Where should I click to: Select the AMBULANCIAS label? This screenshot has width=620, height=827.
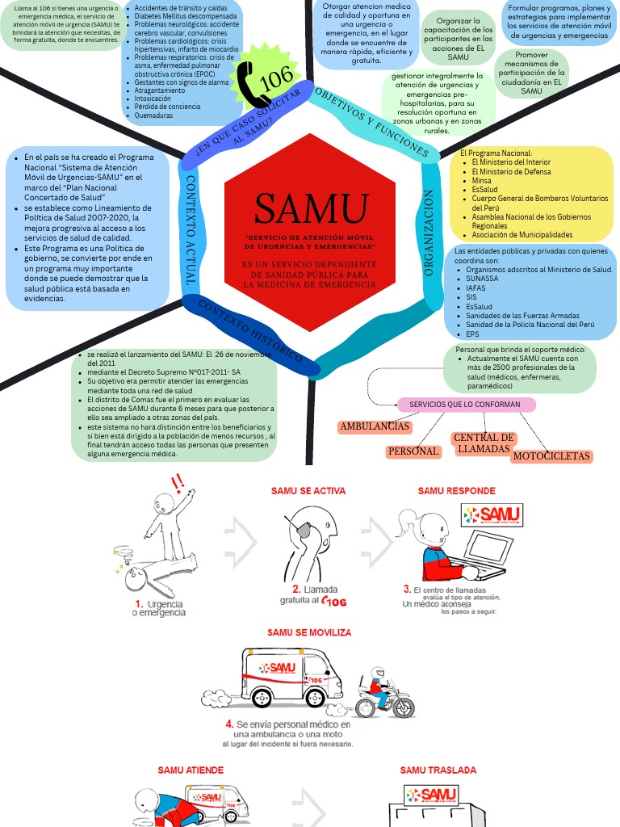(375, 426)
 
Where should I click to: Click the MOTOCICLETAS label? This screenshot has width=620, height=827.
(551, 457)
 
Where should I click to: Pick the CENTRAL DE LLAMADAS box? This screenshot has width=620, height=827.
(484, 443)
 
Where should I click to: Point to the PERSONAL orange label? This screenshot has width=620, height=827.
(413, 451)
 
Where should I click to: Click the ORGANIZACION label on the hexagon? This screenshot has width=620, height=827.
(429, 234)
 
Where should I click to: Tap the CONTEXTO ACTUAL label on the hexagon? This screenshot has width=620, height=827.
(191, 229)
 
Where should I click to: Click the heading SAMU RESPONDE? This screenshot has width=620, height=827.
(456, 491)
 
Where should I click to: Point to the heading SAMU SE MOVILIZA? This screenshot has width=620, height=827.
(309, 632)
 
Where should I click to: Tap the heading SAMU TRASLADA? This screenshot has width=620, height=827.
(438, 771)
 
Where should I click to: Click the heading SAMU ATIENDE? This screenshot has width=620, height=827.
(191, 771)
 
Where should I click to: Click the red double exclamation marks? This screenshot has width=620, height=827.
(178, 484)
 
